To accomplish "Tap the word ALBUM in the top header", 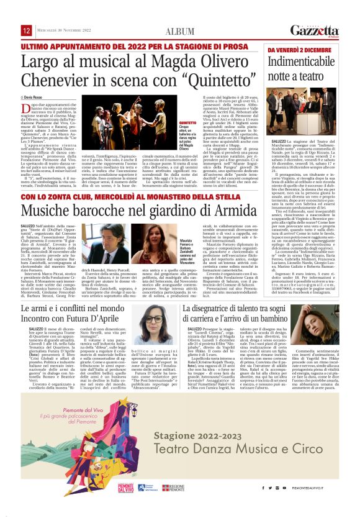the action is click(179, 32).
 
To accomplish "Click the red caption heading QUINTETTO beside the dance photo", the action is click(179, 124).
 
